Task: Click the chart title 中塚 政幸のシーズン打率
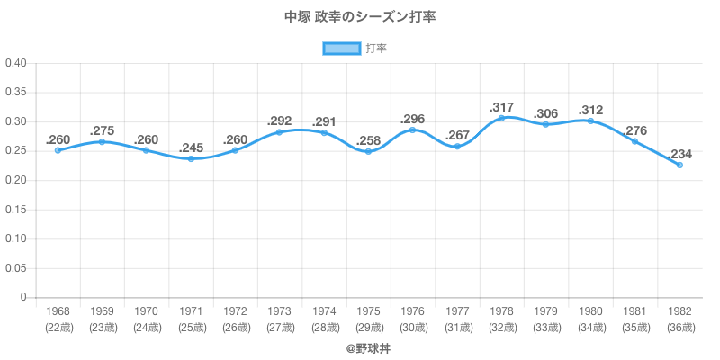coord(360,17)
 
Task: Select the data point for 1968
coord(58,150)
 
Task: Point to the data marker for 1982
coord(679,166)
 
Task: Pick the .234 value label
coord(679,153)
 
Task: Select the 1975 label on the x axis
coord(368,310)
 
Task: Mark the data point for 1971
coord(191,159)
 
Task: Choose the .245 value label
coord(191,148)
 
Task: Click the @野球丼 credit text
coord(360,347)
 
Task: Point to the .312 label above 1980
coord(590,109)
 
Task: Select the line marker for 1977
coord(457,146)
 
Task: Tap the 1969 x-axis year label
coord(102,310)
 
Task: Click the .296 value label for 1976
coord(413,118)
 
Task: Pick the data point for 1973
coord(279,132)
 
